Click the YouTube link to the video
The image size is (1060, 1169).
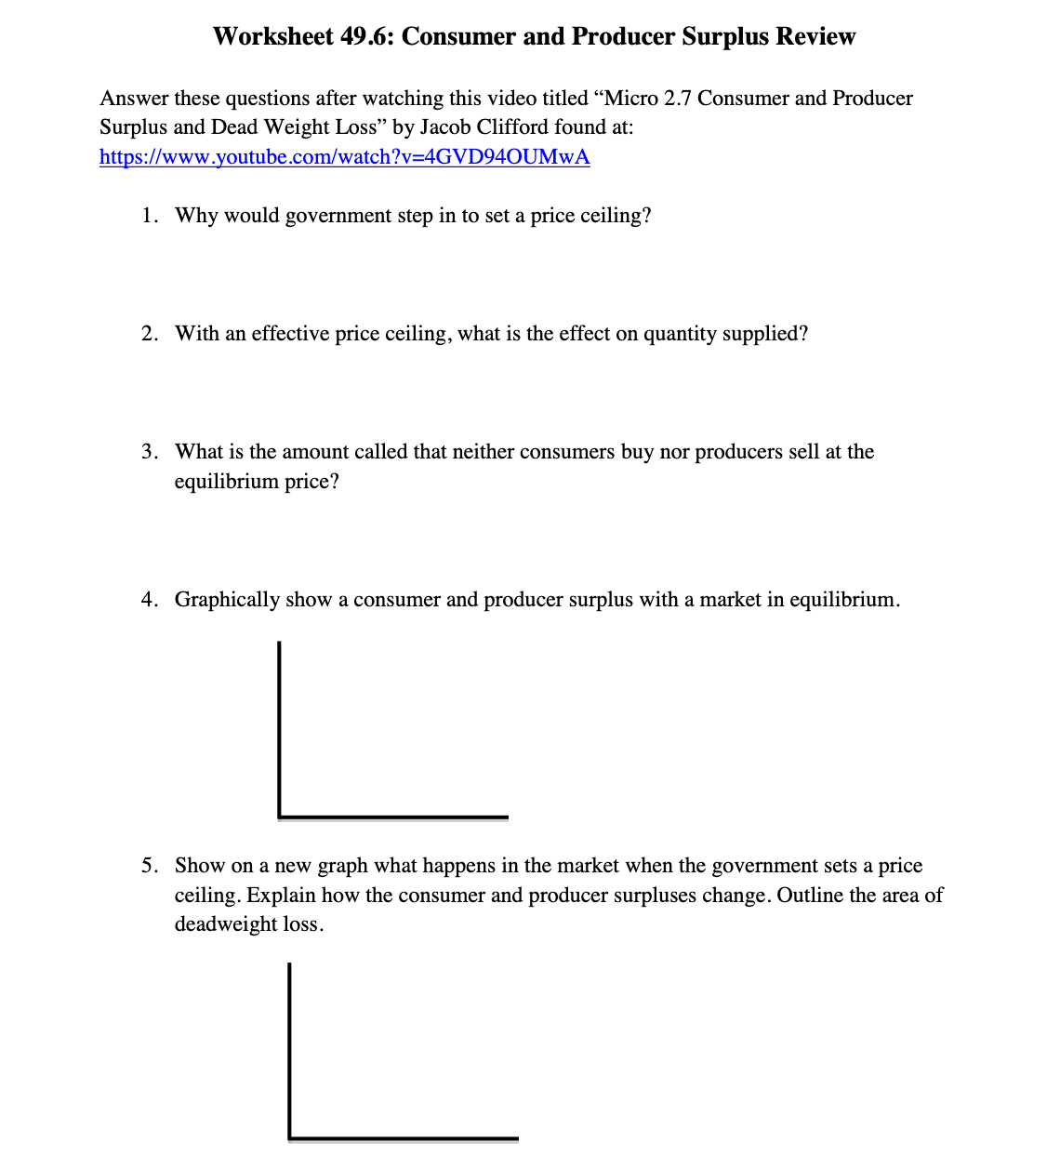(344, 156)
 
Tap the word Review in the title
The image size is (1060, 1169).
(815, 36)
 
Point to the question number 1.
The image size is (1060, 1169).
(149, 216)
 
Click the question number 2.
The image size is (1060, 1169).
(149, 334)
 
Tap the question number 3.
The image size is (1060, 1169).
(149, 452)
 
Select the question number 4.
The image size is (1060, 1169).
(149, 600)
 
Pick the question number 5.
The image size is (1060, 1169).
(149, 866)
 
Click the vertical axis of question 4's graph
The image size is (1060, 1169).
(279, 725)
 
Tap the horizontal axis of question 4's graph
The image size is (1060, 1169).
(393, 817)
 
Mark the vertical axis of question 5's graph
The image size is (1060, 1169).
(289, 1046)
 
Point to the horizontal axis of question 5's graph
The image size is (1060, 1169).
(404, 1138)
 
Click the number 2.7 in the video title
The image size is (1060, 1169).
(677, 99)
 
